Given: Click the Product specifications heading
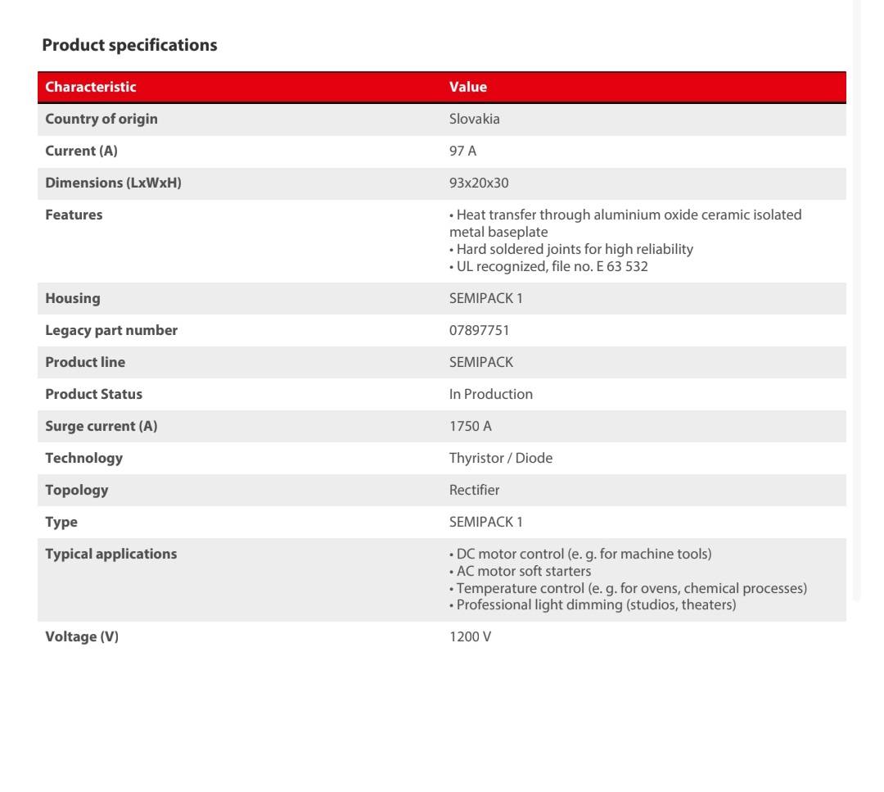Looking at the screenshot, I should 129,45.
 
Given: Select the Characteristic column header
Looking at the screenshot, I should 91,87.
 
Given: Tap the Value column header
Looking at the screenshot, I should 467,87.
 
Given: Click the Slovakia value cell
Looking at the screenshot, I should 474,119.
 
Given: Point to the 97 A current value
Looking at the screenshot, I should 462,151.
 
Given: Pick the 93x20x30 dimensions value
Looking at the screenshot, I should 479,183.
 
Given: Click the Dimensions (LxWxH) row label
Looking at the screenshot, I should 113,183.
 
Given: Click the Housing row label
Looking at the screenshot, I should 73,298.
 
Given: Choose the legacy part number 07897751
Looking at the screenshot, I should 479,330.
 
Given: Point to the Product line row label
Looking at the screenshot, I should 85,362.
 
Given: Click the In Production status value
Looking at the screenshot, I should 490,394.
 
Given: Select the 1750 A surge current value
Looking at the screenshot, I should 471,426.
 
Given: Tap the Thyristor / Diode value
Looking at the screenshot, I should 500,458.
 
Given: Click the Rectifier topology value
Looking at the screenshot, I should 474,490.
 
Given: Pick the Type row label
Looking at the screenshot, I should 61,522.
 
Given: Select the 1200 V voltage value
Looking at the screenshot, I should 470,636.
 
